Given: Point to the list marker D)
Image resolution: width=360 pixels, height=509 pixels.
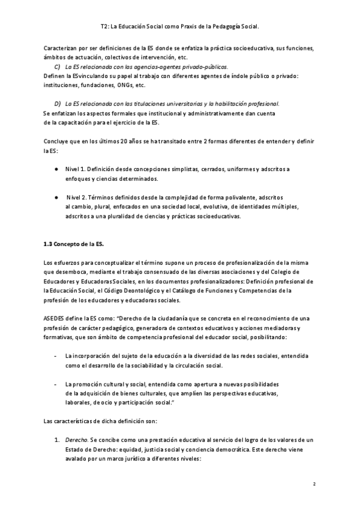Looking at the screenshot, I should (x=58, y=104).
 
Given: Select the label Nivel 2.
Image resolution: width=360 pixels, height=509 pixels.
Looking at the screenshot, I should (x=78, y=197).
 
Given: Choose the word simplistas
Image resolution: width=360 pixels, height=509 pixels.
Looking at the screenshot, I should (x=183, y=169).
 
